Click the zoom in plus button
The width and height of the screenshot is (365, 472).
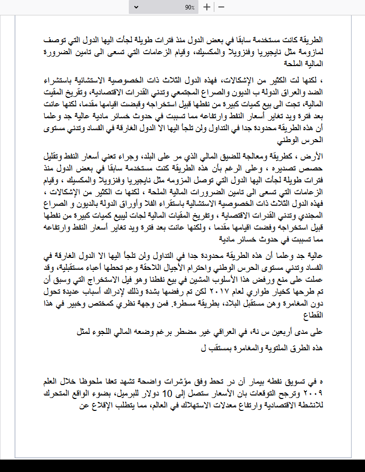click(x=207, y=7)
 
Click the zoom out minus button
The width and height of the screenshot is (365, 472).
click(x=221, y=7)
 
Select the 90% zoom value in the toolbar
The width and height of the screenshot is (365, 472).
click(x=189, y=7)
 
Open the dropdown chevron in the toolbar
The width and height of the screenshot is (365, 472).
click(x=137, y=7)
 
